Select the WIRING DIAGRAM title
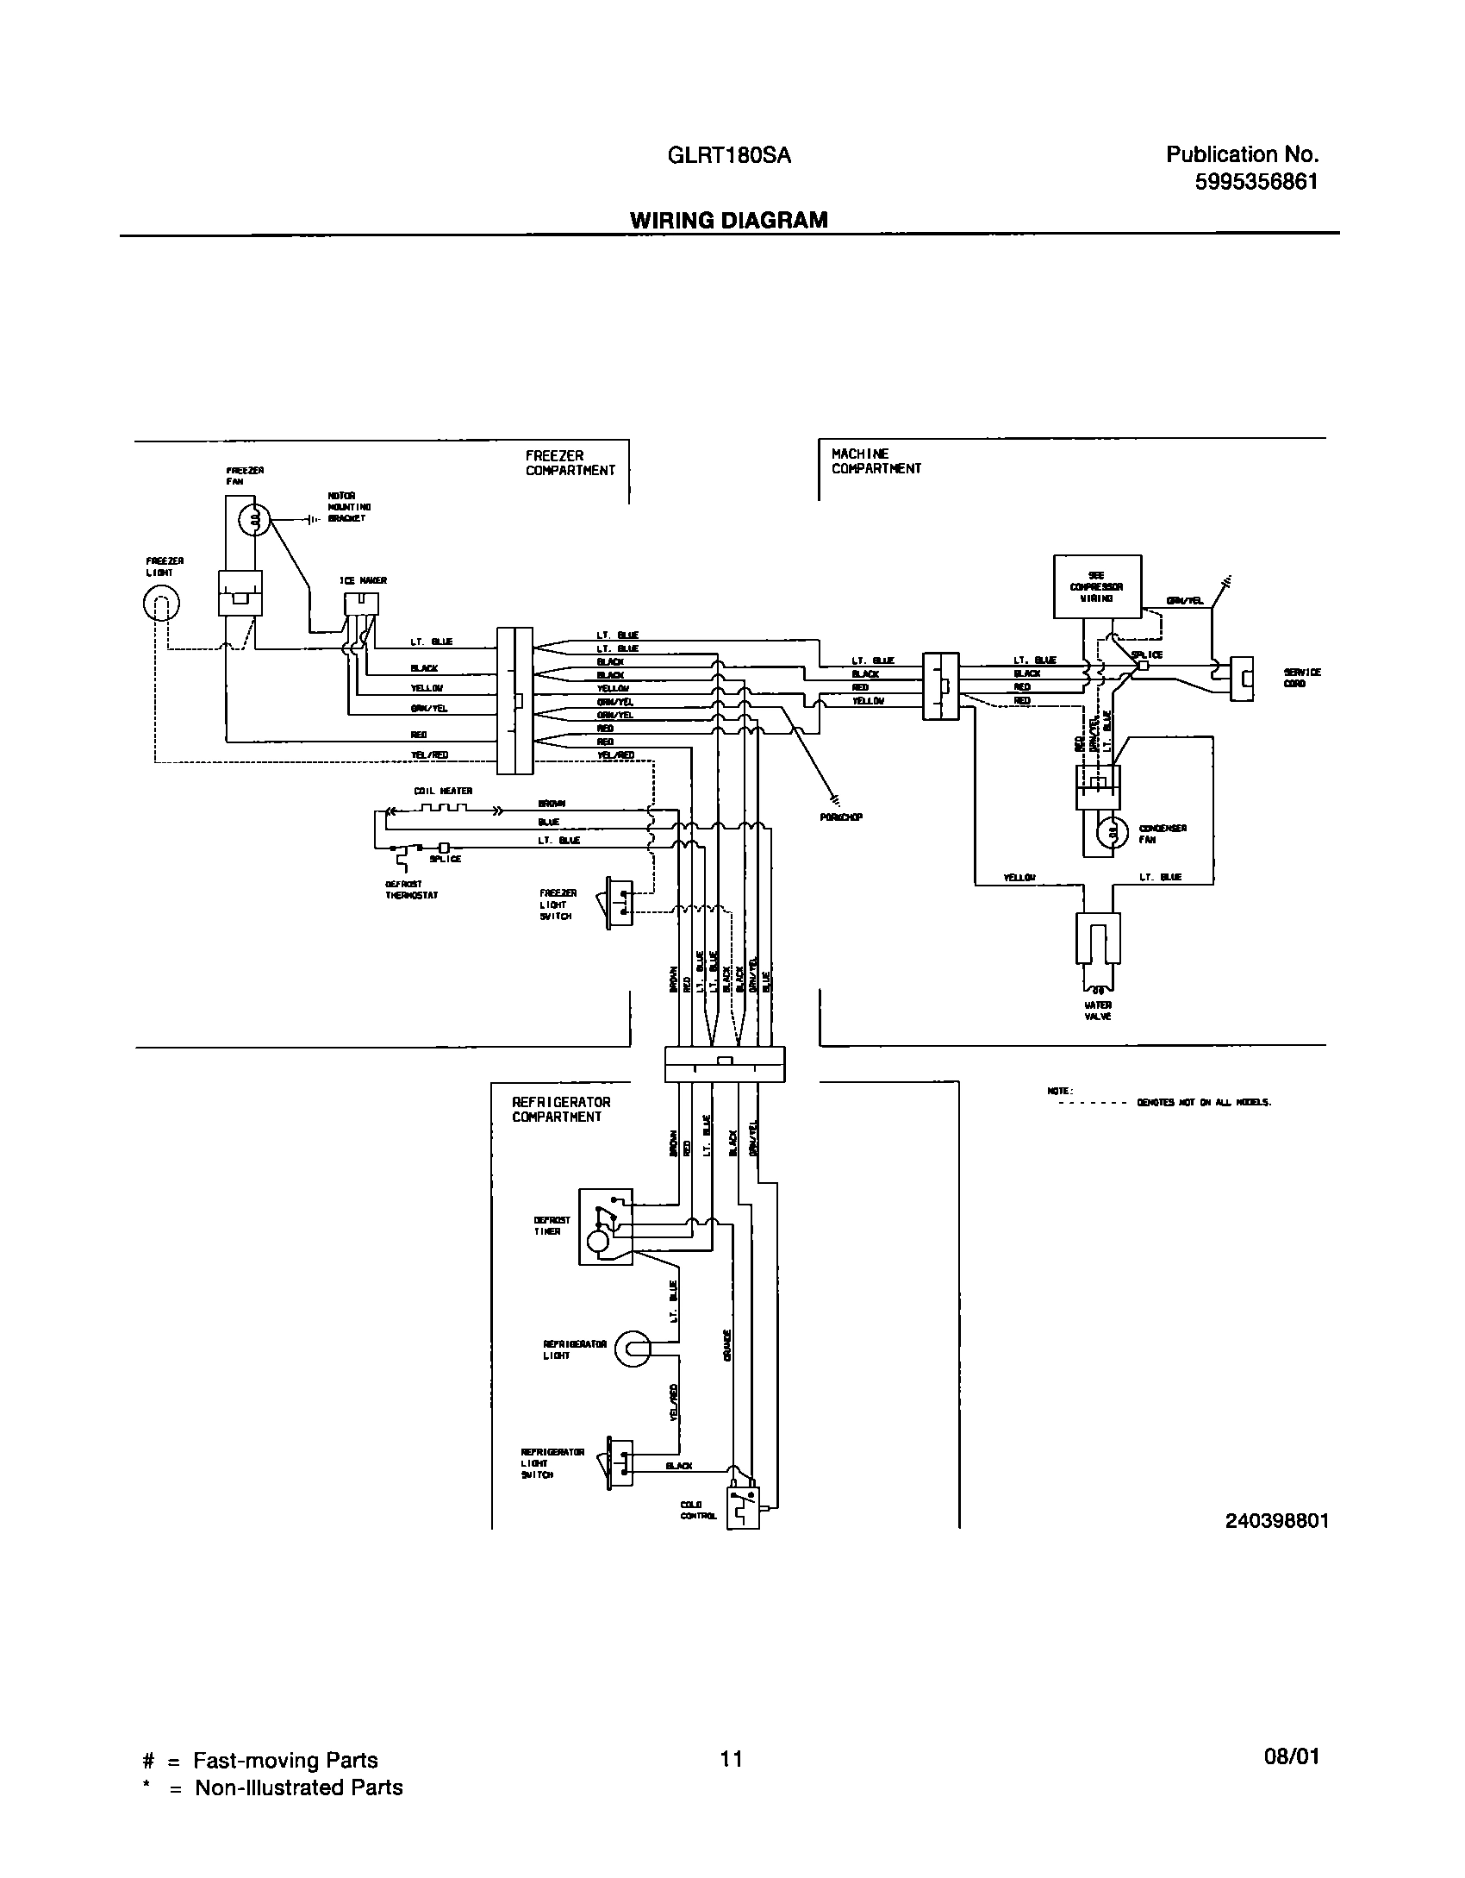point(728,221)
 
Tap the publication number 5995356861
point(1256,183)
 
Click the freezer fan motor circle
point(253,519)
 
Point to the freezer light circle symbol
point(161,603)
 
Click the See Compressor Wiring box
point(1097,586)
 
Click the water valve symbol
point(1097,940)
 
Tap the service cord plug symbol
point(1241,679)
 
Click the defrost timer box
point(605,1227)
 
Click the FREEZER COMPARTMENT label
point(570,463)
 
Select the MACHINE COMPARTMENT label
point(876,461)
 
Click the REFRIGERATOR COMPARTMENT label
point(561,1110)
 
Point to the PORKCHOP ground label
point(841,817)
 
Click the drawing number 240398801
point(1276,1521)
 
